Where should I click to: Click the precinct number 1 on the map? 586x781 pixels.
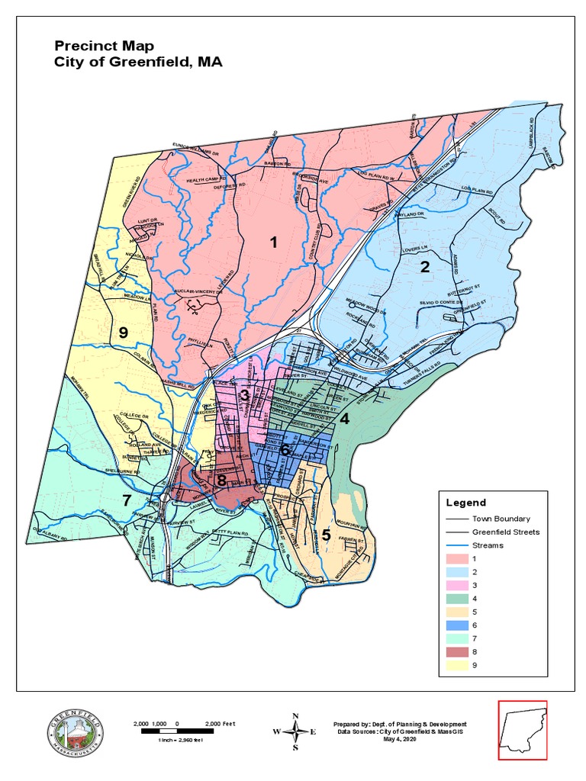pyautogui.click(x=272, y=243)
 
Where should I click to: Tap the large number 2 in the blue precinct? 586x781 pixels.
pyautogui.click(x=425, y=266)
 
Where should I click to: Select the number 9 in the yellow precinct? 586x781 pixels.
pyautogui.click(x=123, y=332)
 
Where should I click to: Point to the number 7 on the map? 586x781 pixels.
pyautogui.click(x=127, y=500)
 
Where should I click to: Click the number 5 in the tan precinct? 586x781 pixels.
pyautogui.click(x=326, y=535)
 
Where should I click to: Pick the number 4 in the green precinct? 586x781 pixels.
pyautogui.click(x=344, y=419)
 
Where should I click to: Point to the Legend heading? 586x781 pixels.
pyautogui.click(x=466, y=503)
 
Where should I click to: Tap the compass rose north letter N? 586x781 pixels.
pyautogui.click(x=295, y=716)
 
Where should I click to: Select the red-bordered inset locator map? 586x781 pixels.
pyautogui.click(x=523, y=730)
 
